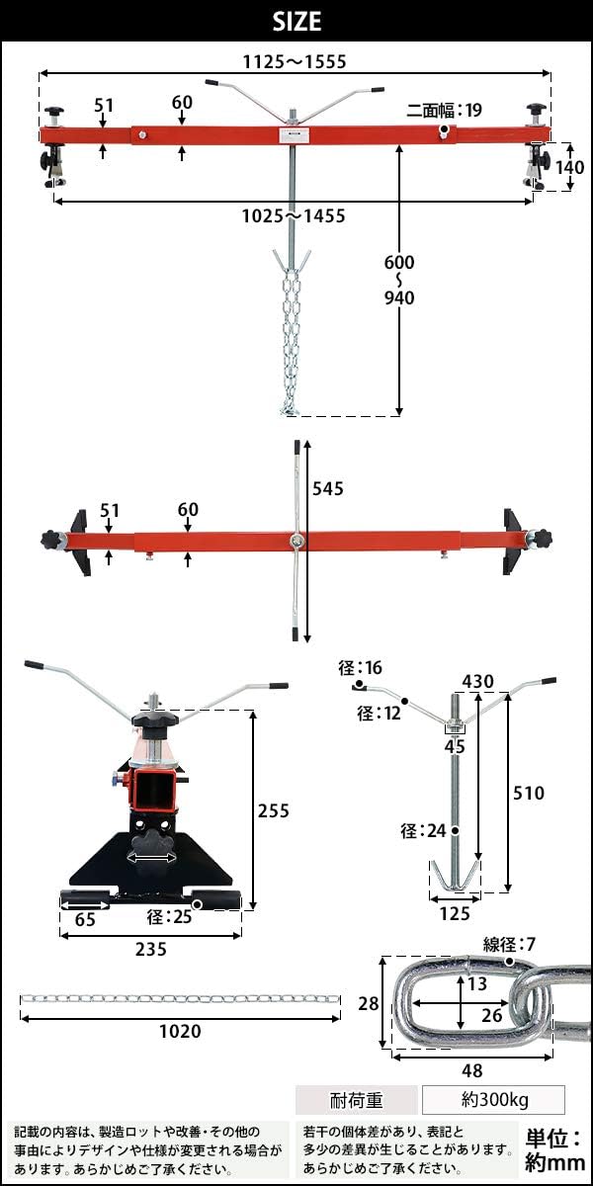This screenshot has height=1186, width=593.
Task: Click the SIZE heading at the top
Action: (x=296, y=21)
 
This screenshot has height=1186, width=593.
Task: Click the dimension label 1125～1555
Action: (x=295, y=62)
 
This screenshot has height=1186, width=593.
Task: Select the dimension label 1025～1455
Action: (x=294, y=216)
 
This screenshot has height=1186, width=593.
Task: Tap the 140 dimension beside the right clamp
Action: (x=569, y=167)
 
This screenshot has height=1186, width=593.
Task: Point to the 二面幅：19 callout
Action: (x=444, y=110)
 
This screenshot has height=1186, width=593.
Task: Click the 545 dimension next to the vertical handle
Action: (x=328, y=488)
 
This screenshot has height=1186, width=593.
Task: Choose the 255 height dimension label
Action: (x=273, y=810)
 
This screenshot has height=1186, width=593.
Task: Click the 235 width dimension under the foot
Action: (x=151, y=950)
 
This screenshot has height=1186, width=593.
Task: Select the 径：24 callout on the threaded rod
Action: (x=424, y=831)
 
